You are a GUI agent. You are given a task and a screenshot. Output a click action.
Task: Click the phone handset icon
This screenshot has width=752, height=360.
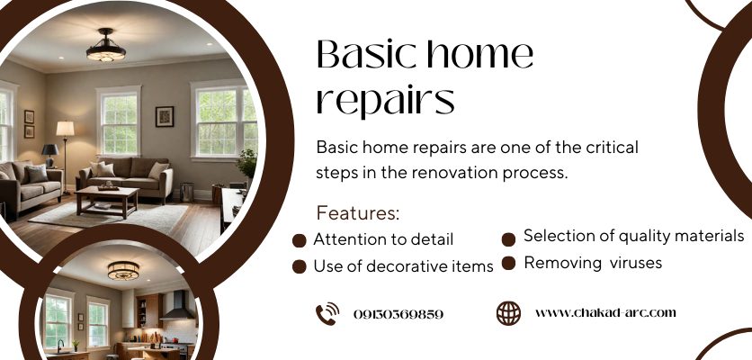tap(327, 314)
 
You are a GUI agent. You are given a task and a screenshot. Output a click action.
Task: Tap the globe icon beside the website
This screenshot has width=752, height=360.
tap(508, 313)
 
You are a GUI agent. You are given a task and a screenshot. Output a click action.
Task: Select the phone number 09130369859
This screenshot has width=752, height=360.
tap(398, 314)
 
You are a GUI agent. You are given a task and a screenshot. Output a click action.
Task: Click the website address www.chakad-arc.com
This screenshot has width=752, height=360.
tap(605, 313)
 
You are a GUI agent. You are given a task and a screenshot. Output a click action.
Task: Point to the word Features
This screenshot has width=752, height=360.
tap(358, 213)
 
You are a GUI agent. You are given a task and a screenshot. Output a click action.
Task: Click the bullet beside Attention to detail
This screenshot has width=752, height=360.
tap(300, 240)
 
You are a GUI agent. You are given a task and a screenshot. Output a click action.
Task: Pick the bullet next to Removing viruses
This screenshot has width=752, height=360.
tap(508, 263)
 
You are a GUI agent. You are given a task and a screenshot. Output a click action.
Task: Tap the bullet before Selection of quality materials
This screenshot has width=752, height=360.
tap(508, 239)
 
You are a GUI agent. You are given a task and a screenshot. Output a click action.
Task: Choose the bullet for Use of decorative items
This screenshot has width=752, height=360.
tap(300, 266)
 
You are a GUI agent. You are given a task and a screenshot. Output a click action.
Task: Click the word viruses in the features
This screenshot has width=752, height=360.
tap(636, 263)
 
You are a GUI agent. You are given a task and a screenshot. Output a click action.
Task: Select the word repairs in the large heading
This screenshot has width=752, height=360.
tap(386, 100)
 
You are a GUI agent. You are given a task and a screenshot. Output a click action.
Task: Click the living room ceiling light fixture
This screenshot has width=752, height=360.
tap(106, 47)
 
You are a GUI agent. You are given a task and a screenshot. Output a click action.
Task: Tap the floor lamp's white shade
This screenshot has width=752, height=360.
tap(66, 128)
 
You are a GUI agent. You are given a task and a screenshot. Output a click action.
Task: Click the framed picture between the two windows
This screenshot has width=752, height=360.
tap(165, 117)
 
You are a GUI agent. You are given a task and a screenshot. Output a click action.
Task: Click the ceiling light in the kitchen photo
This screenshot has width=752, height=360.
tap(123, 270)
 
